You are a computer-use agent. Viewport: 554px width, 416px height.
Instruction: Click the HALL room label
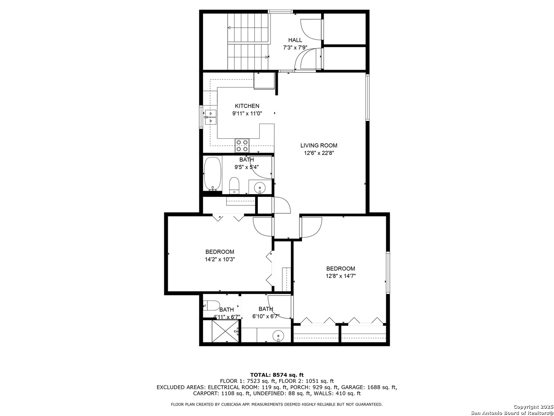click(x=295, y=40)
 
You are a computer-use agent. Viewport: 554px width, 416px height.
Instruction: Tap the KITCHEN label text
click(x=247, y=106)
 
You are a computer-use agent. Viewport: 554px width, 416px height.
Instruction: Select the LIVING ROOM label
click(x=319, y=146)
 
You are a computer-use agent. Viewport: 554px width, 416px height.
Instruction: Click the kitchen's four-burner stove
click(x=242, y=146)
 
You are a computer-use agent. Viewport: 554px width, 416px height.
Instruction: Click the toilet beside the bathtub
click(x=234, y=186)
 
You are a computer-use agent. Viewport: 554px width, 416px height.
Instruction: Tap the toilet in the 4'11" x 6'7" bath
click(x=211, y=305)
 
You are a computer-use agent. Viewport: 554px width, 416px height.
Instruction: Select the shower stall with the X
click(x=225, y=331)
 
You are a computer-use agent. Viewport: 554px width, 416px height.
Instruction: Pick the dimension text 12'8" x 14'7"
click(x=340, y=276)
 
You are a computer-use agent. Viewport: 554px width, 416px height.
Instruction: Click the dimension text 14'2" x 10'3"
click(x=220, y=259)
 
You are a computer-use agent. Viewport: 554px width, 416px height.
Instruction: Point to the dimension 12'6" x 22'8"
click(x=319, y=153)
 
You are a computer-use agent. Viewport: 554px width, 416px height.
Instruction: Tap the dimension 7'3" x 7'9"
click(x=295, y=48)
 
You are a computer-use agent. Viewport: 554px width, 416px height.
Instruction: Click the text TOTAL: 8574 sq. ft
click(x=277, y=375)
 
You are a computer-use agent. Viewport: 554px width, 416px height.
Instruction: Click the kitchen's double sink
click(x=211, y=117)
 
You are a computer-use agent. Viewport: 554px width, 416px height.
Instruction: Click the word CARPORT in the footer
click(x=206, y=393)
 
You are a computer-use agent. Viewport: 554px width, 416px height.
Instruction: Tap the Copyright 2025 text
click(x=533, y=407)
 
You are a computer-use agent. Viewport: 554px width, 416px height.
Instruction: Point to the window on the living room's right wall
click(x=367, y=97)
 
